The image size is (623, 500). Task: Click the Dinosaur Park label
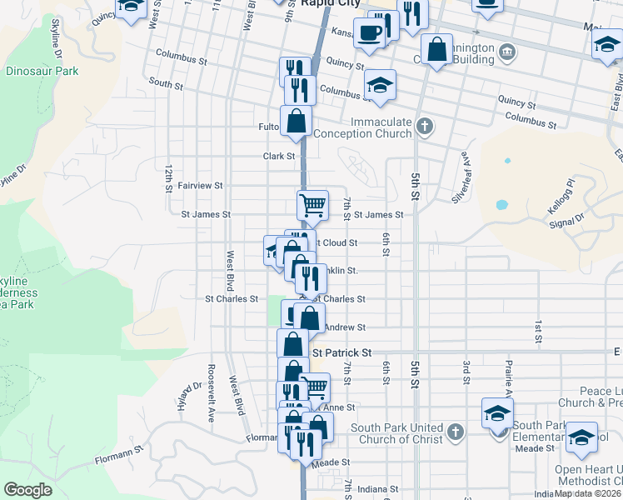click(x=42, y=71)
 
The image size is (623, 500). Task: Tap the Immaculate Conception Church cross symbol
click(x=425, y=127)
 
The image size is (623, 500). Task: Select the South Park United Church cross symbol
click(x=455, y=432)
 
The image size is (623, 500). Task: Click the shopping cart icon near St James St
click(x=312, y=203)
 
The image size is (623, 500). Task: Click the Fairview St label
click(x=201, y=186)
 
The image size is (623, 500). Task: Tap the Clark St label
click(x=279, y=156)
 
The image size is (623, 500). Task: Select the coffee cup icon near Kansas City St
click(x=369, y=33)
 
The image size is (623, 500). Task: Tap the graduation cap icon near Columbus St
click(x=380, y=85)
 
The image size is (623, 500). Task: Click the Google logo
click(x=27, y=490)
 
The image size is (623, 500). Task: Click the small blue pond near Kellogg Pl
click(x=501, y=204)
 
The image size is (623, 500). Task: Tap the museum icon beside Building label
click(x=506, y=54)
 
